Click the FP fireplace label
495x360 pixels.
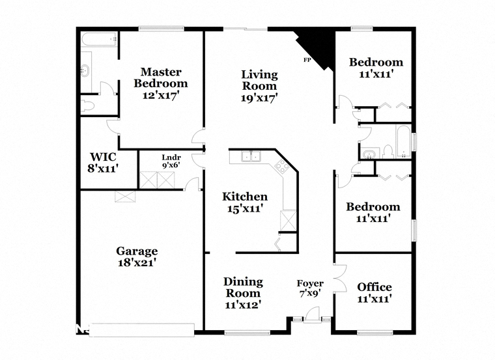click(306, 60)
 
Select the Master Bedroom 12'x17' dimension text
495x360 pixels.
click(161, 95)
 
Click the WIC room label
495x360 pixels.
click(103, 157)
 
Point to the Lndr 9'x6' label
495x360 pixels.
click(171, 161)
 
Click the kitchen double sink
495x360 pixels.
click(251, 156)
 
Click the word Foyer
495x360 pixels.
click(310, 284)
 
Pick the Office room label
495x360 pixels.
click(375, 287)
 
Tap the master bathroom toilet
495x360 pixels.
click(87, 106)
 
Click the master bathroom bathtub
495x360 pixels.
click(100, 40)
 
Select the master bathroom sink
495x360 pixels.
click(86, 70)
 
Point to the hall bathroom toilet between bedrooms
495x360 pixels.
click(387, 152)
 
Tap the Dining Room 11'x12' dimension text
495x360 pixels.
click(243, 305)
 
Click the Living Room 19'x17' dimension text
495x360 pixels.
click(259, 98)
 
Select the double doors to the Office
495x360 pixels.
click(340, 278)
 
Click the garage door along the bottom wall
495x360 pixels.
click(142, 329)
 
